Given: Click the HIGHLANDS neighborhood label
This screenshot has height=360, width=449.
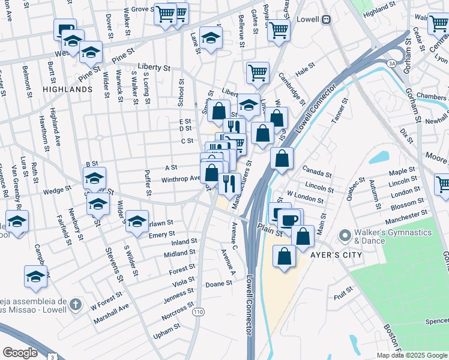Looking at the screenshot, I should coord(67,89).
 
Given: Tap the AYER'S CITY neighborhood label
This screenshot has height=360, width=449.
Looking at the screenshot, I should coord(336,254).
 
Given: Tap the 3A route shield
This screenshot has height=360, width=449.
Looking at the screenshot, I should coord(392,62).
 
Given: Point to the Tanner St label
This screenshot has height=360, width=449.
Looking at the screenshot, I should coord(339,110).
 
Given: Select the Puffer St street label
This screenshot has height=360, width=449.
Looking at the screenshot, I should coord(148,183).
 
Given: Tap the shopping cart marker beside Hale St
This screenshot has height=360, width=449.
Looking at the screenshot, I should coord(258,73).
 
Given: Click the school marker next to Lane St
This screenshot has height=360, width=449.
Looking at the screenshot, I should coord(211,38).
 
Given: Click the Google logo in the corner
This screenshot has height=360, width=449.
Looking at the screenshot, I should coord(20,352).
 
